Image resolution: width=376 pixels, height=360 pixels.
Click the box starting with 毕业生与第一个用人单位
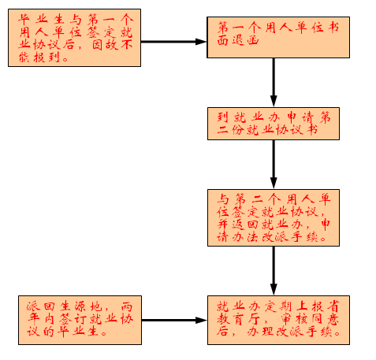click(74, 38)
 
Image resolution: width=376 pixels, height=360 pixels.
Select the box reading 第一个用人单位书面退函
click(278, 37)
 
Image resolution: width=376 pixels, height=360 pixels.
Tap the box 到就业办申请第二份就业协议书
click(274, 124)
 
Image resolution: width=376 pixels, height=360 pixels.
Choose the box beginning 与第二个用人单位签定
click(274, 217)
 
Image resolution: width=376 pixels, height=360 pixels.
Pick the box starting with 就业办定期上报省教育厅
click(278, 320)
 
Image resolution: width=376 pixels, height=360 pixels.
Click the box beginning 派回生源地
click(80, 320)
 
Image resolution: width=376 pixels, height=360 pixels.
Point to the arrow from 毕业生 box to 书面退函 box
click(174, 42)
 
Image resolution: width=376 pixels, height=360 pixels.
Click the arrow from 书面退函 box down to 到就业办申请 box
click(274, 83)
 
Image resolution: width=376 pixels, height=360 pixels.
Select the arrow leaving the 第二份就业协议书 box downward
click(274, 165)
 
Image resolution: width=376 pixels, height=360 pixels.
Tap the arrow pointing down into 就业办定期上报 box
click(274, 271)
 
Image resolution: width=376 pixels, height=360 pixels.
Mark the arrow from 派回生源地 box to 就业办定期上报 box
click(174, 320)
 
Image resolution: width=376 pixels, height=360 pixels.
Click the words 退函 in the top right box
click(246, 40)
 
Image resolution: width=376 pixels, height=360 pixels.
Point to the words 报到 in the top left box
click(47, 58)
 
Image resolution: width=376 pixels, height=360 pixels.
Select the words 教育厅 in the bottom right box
click(239, 319)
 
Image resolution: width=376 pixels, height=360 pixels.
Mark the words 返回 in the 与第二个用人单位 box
click(246, 224)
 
